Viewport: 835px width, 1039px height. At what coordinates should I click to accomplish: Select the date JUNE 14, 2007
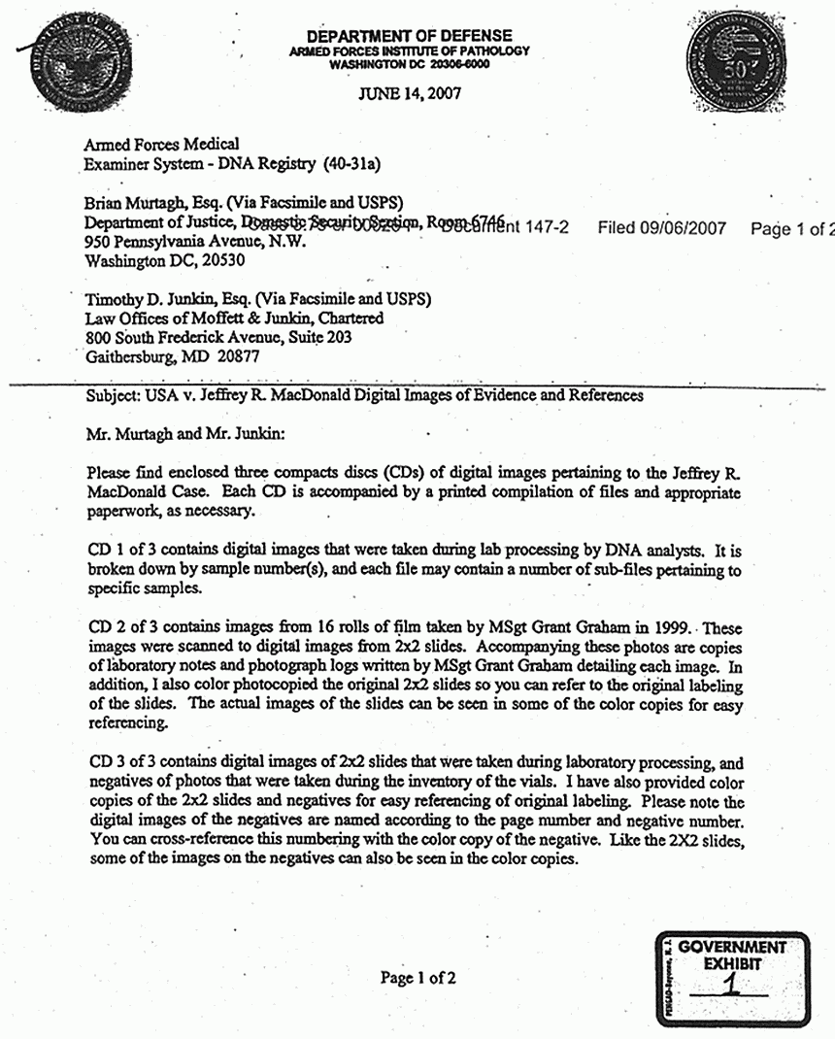(410, 94)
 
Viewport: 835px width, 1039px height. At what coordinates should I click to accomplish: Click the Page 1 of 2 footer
(417, 978)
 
